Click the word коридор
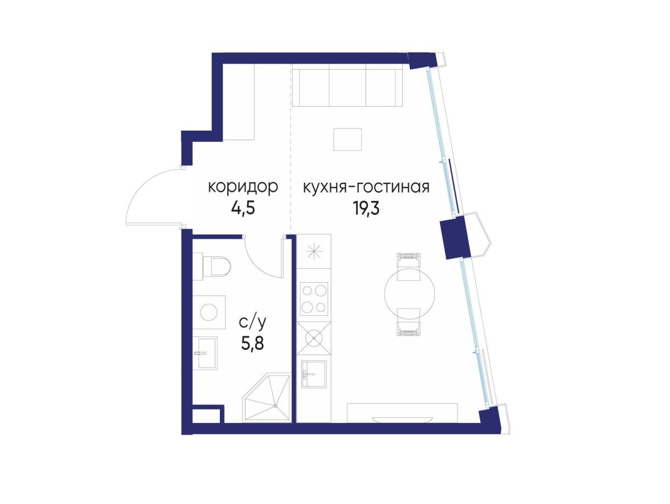coord(242,187)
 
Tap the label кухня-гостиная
coord(366,187)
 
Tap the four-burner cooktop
coord(314,299)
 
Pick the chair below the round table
coord(408,322)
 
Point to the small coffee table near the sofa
coord(347,139)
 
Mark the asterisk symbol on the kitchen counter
coord(314,251)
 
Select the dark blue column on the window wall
coord(452,237)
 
